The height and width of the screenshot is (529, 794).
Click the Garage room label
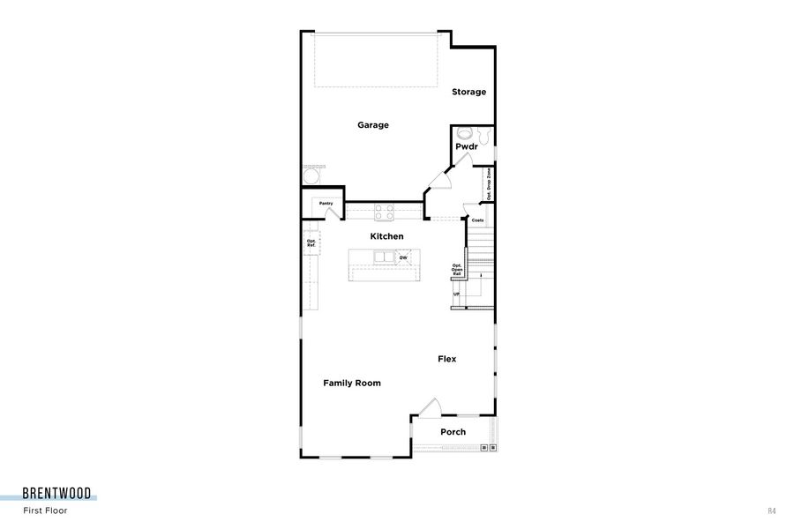tap(373, 125)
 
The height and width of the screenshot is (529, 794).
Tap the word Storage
tap(469, 92)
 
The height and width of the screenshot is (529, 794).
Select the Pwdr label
tap(466, 146)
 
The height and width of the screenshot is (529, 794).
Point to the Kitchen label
tap(386, 236)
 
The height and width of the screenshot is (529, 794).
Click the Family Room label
tap(352, 383)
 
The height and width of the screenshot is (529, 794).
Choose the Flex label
tap(447, 359)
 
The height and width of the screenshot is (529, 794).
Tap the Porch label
tap(453, 432)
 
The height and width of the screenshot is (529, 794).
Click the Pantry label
tap(326, 203)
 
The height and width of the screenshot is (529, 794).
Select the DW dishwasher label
tap(403, 257)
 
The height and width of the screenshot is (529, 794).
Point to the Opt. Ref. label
tap(311, 242)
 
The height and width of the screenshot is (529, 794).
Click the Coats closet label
tap(477, 220)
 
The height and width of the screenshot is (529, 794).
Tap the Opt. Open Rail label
tap(457, 270)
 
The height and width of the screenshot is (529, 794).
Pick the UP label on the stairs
tap(456, 294)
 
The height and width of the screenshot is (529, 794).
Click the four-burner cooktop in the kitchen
tap(385, 212)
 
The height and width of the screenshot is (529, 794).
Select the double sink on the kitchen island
tap(384, 257)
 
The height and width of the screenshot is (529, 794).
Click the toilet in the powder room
tap(465, 134)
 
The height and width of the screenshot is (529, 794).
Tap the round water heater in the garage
tap(311, 177)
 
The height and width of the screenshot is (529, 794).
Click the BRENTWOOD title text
tap(56, 494)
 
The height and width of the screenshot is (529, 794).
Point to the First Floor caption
tap(45, 510)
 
